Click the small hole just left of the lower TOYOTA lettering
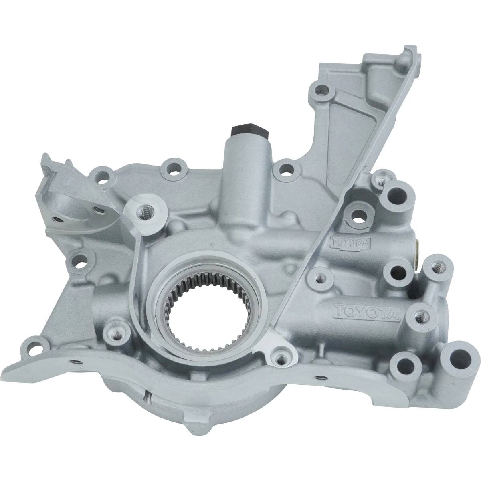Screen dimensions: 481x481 tap(319, 277)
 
